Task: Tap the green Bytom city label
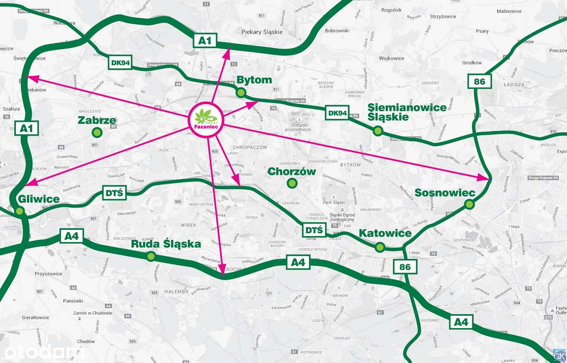coord(254,80)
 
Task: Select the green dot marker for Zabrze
coord(97,132)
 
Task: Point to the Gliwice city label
coord(39,199)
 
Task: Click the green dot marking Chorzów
coord(291,183)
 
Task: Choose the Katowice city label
coord(385,233)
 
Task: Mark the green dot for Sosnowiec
coord(469,204)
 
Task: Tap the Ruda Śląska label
coord(166,244)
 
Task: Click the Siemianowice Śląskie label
coord(407,113)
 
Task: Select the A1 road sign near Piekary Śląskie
coord(205,41)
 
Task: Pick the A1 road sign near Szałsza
coord(26,129)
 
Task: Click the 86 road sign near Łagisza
coord(479,81)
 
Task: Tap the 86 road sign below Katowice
coord(405,267)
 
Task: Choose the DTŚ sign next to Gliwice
coord(114,193)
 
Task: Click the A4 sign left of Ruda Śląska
coord(71,236)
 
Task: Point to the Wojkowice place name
coord(392,59)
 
